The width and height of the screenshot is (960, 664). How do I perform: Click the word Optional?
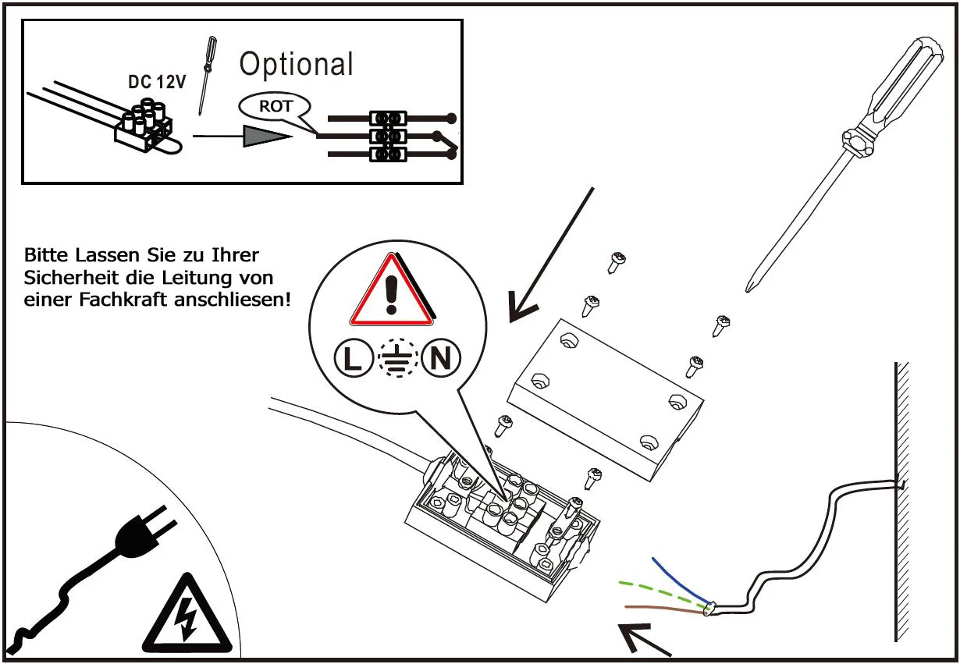(296, 64)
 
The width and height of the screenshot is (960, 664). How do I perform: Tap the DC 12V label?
(157, 82)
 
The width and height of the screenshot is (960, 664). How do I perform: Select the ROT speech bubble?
(276, 107)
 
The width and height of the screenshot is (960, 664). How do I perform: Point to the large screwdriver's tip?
(748, 288)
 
